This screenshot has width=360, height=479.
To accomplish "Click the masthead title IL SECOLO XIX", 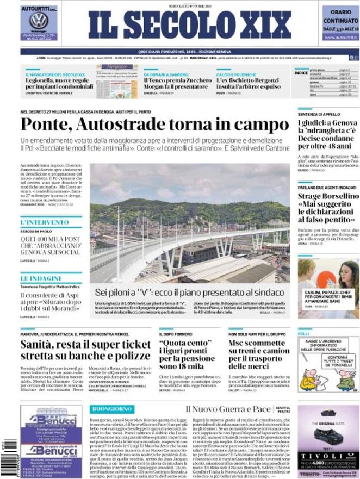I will pos(190,24).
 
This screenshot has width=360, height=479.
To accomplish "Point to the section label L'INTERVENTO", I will pos(37,222).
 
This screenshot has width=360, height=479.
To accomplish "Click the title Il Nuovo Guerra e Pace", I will pos(227,408).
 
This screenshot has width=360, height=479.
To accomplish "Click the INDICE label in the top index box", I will pos(301,72).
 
